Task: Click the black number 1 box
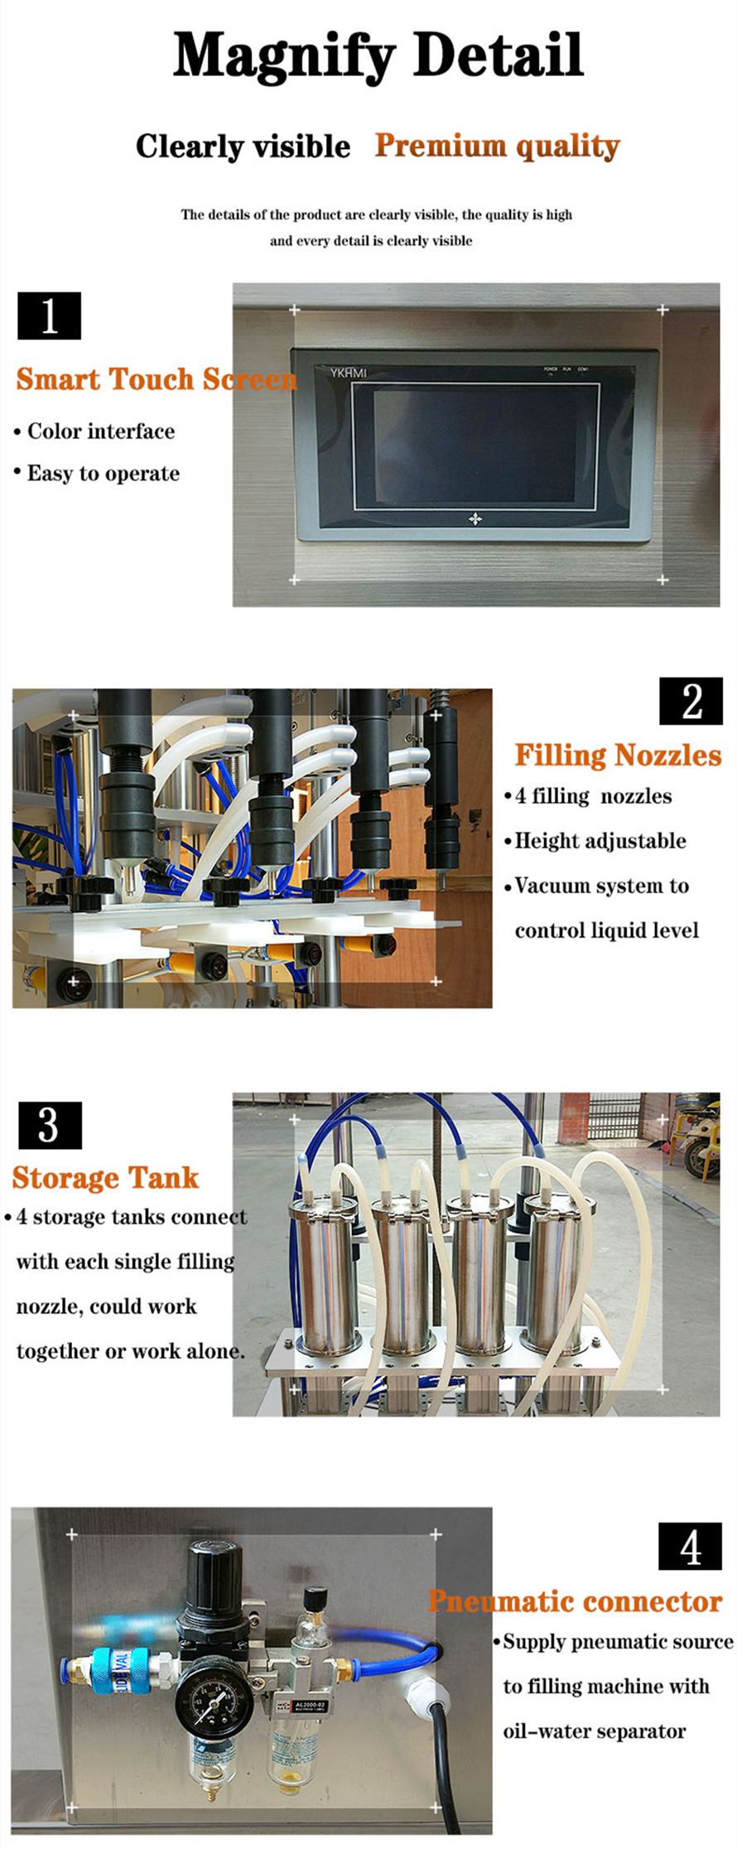49,316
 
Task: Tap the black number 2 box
691,701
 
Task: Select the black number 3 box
50,1125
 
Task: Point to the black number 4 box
691,1546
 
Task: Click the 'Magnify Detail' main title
378,56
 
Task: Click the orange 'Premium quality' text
498,146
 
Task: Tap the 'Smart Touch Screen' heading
157,379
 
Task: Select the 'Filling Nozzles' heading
619,755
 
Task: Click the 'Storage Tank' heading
105,1177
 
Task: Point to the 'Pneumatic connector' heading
576,1601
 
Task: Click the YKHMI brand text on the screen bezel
349,373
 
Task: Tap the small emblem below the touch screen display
475,519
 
